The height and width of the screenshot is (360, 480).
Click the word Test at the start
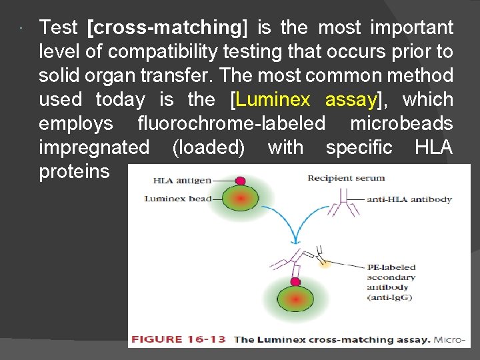(59, 28)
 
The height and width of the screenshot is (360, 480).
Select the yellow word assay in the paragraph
(351, 100)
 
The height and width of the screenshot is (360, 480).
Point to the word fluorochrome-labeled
(231, 124)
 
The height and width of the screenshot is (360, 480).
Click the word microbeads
(401, 124)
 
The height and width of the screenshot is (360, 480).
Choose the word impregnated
(94, 148)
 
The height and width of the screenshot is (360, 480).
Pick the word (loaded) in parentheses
(208, 148)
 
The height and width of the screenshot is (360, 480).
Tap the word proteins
(74, 172)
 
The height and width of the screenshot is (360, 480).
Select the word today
(120, 100)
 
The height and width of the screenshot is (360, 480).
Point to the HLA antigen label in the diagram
(182, 180)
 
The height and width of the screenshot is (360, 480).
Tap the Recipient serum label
(345, 178)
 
